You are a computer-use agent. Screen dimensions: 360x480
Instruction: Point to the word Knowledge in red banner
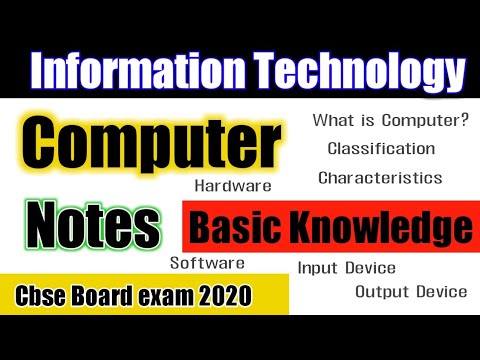pos(379,229)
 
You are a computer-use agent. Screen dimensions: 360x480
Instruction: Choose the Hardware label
pos(234,185)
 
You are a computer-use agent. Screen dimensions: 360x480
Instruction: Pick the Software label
pos(207,263)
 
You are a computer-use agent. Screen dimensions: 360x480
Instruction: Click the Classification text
pos(381,149)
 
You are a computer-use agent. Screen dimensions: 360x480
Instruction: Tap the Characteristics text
pos(380,178)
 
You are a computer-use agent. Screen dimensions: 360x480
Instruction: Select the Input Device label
pos(346,268)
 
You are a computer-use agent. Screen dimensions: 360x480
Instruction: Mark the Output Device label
pos(411,292)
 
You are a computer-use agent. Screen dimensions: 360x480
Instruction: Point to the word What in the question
pos(331,121)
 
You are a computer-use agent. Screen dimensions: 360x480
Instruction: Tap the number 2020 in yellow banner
pos(225,297)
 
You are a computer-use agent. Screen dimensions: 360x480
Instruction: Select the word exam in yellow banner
pos(166,297)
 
